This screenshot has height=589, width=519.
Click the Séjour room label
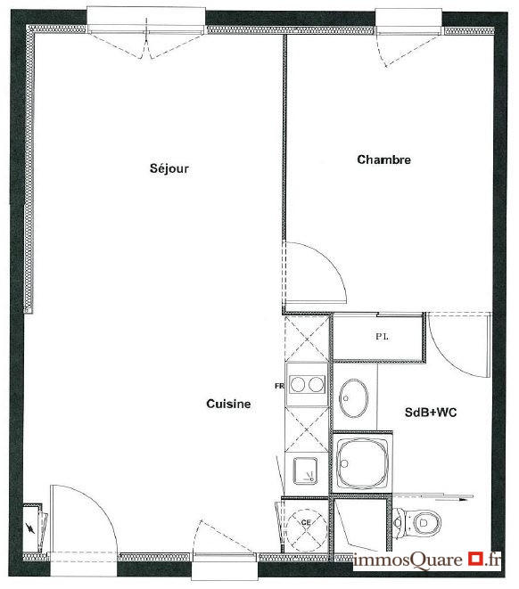[x=169, y=168]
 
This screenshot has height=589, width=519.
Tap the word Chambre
[x=383, y=160]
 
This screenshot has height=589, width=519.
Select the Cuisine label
[x=228, y=404]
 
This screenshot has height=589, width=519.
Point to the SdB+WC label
[x=431, y=413]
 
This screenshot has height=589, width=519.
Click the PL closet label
[x=382, y=337]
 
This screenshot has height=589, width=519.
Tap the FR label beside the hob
[x=278, y=386]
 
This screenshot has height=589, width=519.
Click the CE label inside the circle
[x=306, y=522]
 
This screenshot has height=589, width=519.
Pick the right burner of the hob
[x=315, y=385]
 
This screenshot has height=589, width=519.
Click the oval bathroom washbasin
[x=353, y=397]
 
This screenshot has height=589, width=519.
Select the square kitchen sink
[x=305, y=468]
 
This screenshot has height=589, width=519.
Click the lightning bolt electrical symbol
[x=34, y=527]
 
